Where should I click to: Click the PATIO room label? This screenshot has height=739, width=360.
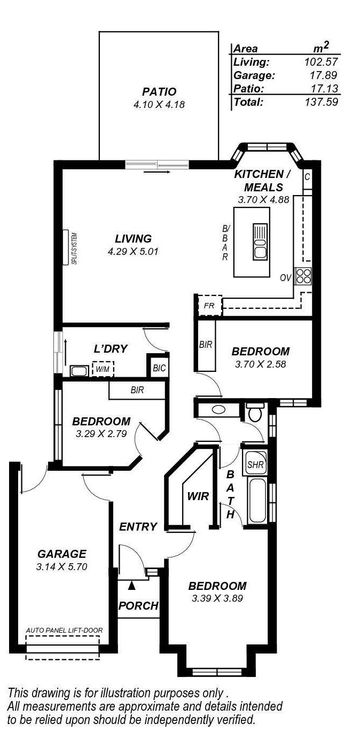coord(159,92)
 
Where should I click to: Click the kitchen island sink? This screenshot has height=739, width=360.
coord(259,242)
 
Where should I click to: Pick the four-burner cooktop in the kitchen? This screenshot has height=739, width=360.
coord(303,276)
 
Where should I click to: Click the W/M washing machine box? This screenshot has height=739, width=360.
coord(102,369)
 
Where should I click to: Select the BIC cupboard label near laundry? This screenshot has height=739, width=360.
coord(159,368)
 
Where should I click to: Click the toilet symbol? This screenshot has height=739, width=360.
coord(255,413)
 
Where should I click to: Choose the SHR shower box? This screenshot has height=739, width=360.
coord(255,464)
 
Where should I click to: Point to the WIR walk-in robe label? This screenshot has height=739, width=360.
coord(197,496)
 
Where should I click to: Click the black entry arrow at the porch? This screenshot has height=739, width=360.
coord(132,586)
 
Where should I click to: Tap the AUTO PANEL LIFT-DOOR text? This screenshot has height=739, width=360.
coord(64,631)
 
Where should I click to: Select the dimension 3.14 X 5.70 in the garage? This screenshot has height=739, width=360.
coord(61,566)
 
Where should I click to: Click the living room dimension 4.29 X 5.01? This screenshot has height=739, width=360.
coord(134,251)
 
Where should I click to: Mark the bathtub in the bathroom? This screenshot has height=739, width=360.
coord(257,500)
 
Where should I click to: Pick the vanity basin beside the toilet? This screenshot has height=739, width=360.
coord(218,410)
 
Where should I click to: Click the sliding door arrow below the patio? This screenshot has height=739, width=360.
coord(157,173)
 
